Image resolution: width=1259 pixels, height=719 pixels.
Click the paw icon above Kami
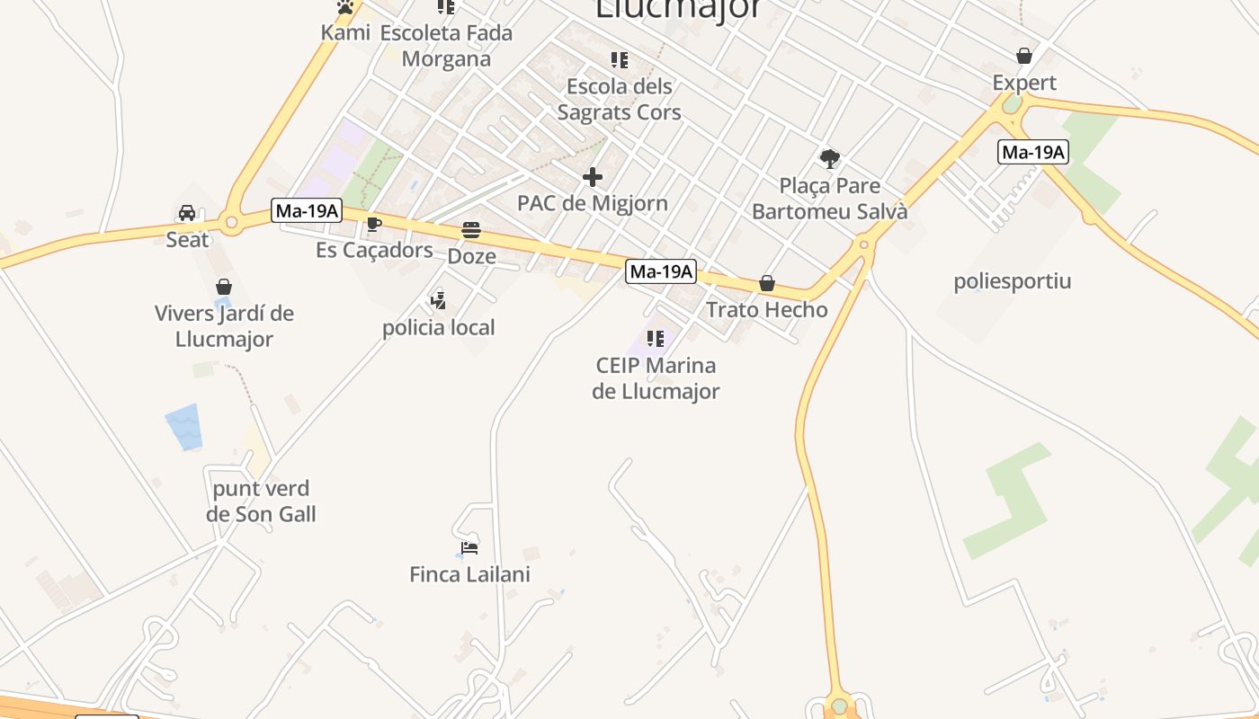(x=345, y=7)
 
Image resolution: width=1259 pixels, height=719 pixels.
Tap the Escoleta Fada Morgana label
(x=446, y=46)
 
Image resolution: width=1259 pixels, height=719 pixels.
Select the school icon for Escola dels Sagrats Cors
(x=619, y=60)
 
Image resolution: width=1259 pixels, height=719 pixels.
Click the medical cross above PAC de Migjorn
(x=592, y=176)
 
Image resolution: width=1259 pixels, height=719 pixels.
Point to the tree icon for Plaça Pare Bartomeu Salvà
(x=829, y=159)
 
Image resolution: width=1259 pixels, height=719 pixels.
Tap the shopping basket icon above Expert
(x=1023, y=56)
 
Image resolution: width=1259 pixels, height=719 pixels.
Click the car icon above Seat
(x=187, y=213)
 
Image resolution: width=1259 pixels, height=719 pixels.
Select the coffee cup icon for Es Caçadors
(x=374, y=224)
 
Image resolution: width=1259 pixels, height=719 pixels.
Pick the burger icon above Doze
(x=471, y=230)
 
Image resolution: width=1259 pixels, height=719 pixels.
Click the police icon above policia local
(x=438, y=300)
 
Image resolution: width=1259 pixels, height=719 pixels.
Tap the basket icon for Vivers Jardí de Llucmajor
(x=224, y=287)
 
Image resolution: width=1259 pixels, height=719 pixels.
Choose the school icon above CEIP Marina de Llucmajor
(x=656, y=339)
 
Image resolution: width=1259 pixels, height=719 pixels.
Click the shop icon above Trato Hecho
(x=766, y=283)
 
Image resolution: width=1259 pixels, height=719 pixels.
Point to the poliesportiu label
(x=1012, y=281)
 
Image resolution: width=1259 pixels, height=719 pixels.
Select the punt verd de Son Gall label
(x=261, y=502)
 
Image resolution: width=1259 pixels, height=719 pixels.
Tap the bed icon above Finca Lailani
(x=469, y=547)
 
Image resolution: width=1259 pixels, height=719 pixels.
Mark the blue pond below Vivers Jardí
(x=184, y=427)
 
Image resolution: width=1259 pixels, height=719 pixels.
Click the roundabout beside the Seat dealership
(x=231, y=221)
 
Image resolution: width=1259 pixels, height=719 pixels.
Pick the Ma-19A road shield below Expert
(x=1032, y=152)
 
